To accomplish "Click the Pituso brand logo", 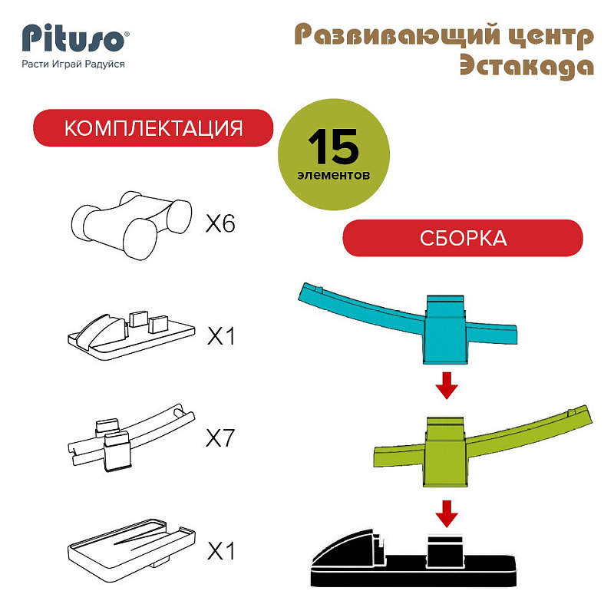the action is click(74, 38).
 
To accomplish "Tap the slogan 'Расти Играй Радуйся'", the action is click(73, 64).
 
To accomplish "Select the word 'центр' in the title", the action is click(551, 36).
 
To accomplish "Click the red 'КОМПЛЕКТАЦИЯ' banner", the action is click(153, 127).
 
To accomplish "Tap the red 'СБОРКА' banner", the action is click(463, 238).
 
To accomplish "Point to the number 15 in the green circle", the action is click(333, 147).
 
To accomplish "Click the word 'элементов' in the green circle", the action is click(333, 175).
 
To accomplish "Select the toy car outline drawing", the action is click(131, 225).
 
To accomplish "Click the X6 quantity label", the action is click(220, 224).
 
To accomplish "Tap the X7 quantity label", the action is click(220, 437).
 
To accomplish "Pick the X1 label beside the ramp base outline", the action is click(221, 336).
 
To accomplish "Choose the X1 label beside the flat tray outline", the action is click(221, 551).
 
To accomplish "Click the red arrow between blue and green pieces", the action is click(447, 386).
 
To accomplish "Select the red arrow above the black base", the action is click(447, 513).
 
